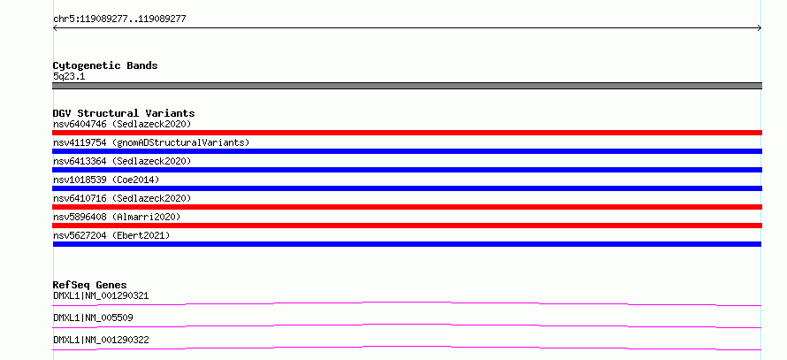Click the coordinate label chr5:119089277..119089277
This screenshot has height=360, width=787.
click(x=119, y=19)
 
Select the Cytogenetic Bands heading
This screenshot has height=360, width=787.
click(x=105, y=65)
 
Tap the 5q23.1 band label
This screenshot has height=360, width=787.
click(x=69, y=77)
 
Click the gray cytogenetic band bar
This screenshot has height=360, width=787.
click(x=407, y=86)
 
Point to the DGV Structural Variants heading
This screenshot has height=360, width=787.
click(x=124, y=113)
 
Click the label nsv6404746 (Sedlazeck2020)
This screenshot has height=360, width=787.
click(x=122, y=124)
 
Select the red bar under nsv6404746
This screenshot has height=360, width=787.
click(x=407, y=133)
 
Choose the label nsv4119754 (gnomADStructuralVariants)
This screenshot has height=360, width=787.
click(x=151, y=142)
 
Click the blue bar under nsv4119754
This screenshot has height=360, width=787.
click(x=407, y=151)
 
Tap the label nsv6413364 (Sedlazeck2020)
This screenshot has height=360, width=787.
click(x=122, y=161)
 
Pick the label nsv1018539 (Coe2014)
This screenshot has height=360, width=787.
click(x=106, y=180)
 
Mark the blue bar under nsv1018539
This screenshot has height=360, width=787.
click(x=407, y=188)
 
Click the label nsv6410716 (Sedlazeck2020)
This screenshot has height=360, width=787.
click(x=122, y=198)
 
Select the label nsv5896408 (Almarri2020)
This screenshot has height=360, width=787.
click(x=117, y=217)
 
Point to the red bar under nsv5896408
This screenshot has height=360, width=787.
click(x=407, y=226)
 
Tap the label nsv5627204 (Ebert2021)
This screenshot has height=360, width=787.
click(x=111, y=235)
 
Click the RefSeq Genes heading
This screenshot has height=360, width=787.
click(x=90, y=285)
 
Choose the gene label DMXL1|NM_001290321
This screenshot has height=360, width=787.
click(x=101, y=295)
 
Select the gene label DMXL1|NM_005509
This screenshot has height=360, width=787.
click(x=93, y=318)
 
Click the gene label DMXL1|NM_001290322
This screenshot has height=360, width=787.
click(x=101, y=340)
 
